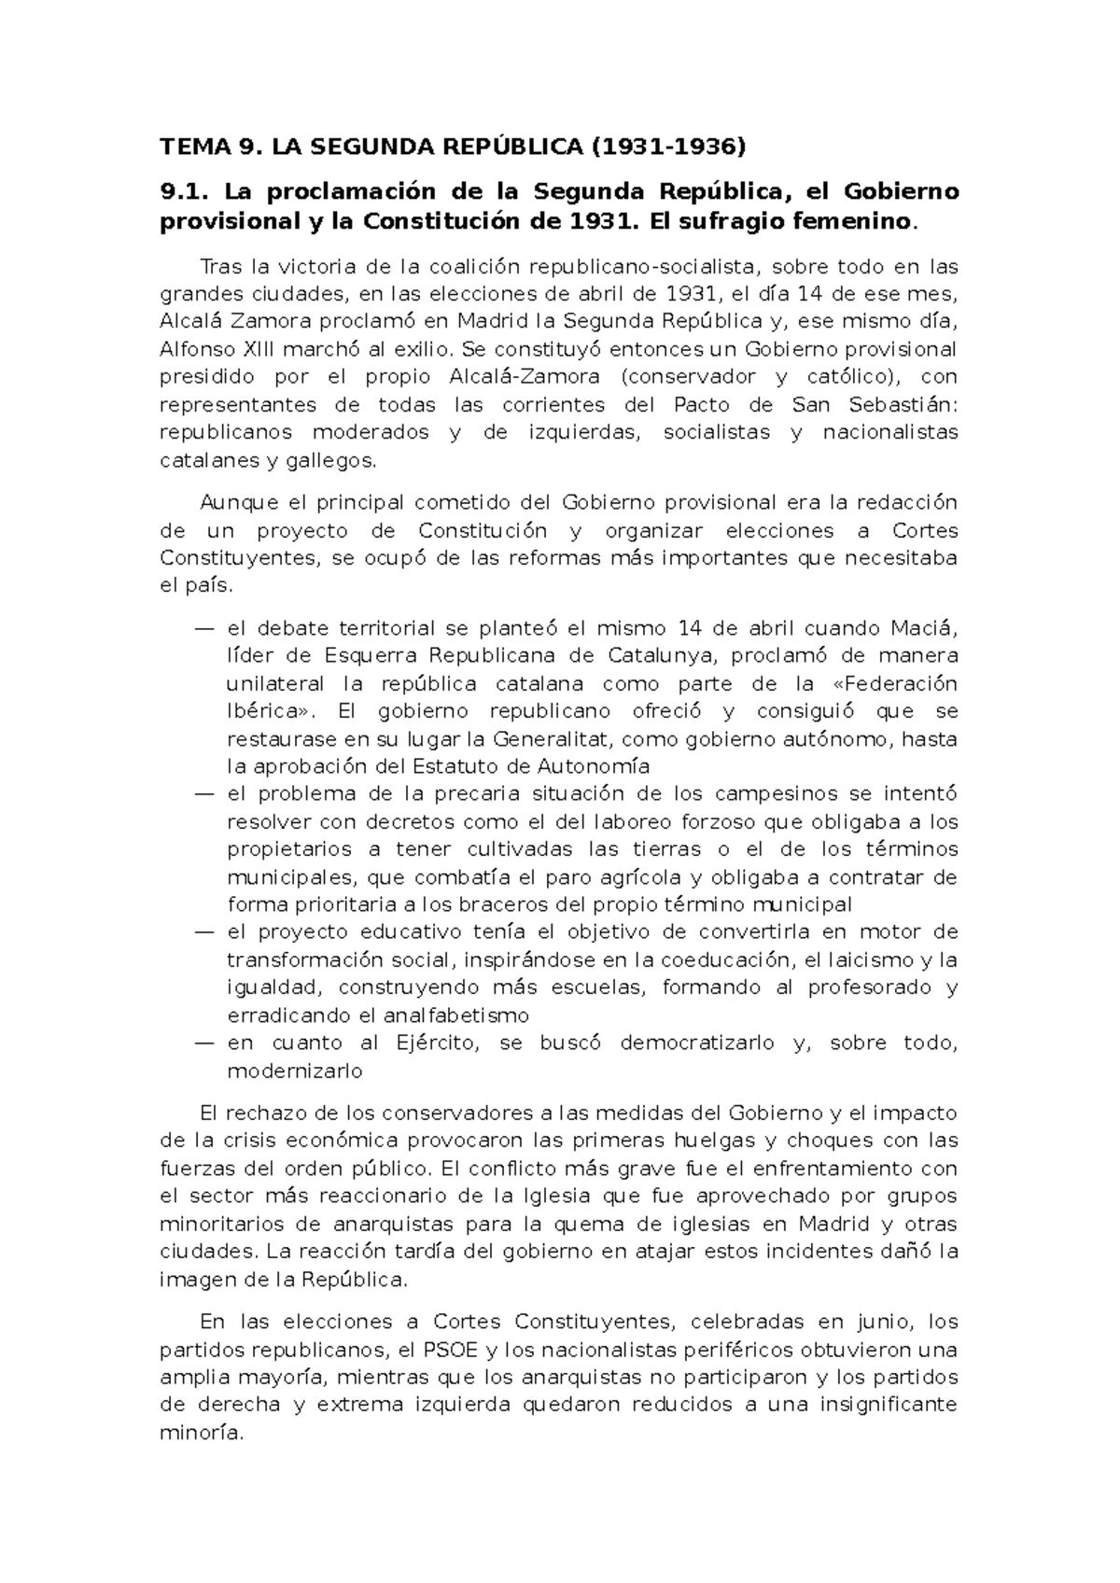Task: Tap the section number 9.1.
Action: (180, 192)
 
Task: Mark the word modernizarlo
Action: (294, 1072)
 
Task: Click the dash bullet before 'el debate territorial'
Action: (204, 628)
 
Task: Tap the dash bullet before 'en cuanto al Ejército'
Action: (204, 1044)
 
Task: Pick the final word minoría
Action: (202, 1433)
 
